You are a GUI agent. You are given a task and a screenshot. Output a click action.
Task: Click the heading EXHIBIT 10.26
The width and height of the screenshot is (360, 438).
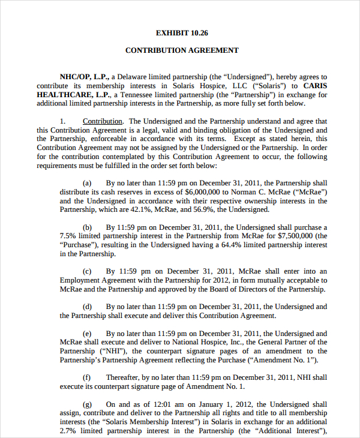[x=182, y=33]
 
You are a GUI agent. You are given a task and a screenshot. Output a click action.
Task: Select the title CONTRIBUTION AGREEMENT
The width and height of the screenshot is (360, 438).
[x=182, y=50]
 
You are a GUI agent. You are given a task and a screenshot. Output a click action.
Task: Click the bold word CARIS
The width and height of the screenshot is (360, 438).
[x=315, y=86]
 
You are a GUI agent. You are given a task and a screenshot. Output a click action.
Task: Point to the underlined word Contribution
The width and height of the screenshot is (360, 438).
[x=103, y=121]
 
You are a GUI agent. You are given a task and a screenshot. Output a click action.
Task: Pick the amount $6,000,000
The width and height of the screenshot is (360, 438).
[x=175, y=192]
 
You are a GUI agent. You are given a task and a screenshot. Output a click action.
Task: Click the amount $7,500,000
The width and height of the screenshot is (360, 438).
[x=284, y=236]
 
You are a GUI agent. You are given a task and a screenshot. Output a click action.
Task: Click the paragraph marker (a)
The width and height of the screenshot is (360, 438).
[x=87, y=183]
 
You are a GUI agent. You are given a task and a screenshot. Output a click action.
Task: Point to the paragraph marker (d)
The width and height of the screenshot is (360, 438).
[x=87, y=307]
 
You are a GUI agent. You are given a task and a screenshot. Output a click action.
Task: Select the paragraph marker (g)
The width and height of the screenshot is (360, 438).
[x=87, y=404]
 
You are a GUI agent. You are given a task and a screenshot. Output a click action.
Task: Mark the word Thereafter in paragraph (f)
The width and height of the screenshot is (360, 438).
[x=124, y=377]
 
